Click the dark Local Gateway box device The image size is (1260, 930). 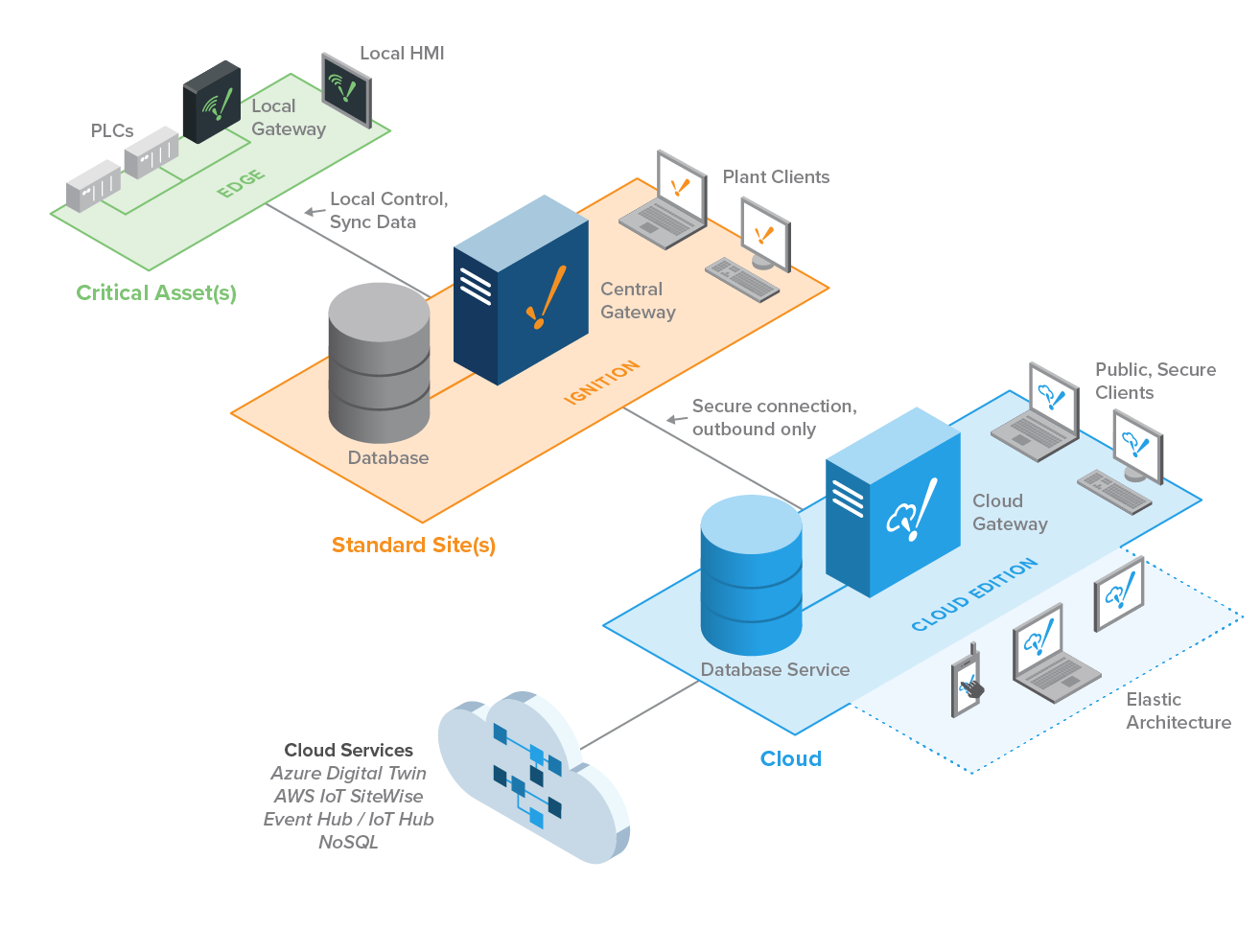pyautogui.click(x=212, y=103)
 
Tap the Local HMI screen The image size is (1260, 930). pyautogui.click(x=346, y=90)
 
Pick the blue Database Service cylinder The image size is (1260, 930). pyautogui.click(x=751, y=575)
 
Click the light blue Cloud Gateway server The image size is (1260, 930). pyautogui.click(x=892, y=502)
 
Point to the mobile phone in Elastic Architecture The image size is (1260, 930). pyautogui.click(x=968, y=684)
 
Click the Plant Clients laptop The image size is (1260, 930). pyautogui.click(x=665, y=201)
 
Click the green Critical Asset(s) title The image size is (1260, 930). pyautogui.click(x=156, y=293)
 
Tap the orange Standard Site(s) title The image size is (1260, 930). pyautogui.click(x=413, y=546)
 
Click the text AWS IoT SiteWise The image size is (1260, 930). pyautogui.click(x=348, y=797)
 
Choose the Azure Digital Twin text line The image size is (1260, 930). pyautogui.click(x=348, y=774)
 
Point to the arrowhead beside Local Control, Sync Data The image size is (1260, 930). pyautogui.click(x=312, y=212)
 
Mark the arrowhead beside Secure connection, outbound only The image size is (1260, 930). pyautogui.click(x=674, y=419)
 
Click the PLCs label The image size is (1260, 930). pyautogui.click(x=112, y=131)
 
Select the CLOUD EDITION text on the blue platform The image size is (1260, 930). pyautogui.click(x=973, y=594)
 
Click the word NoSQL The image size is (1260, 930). pyautogui.click(x=348, y=843)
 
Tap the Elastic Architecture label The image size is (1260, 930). pyautogui.click(x=1178, y=711)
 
